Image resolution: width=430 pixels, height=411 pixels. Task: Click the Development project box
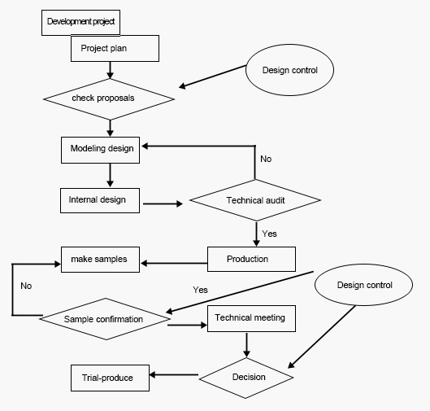coord(80,23)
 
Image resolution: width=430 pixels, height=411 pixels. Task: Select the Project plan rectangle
coord(115,48)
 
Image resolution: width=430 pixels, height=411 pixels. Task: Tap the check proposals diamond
coord(109,99)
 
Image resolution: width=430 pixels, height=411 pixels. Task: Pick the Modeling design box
coord(100,150)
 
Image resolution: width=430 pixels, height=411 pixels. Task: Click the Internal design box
coord(100,200)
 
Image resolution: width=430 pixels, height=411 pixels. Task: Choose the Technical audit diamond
coord(255,200)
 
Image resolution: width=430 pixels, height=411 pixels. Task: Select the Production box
coord(251,259)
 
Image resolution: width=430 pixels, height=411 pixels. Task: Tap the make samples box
coord(100,260)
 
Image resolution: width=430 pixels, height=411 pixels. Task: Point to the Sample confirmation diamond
coord(105,319)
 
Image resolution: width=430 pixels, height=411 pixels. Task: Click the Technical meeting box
coord(251,318)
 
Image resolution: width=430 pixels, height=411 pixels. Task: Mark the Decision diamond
coord(246,378)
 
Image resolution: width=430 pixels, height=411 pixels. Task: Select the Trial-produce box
coord(110,378)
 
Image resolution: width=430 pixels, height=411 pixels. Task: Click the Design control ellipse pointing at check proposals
coord(289,70)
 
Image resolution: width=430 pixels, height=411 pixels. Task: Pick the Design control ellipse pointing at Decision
coord(363,285)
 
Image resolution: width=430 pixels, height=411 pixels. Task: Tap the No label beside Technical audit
coord(266,159)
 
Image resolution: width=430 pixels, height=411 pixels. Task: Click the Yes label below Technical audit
coord(269,234)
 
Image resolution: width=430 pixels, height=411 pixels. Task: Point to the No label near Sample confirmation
coord(26,286)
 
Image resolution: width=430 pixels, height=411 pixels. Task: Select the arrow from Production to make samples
coord(174,263)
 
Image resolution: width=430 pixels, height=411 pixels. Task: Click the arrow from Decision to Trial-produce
coord(174,374)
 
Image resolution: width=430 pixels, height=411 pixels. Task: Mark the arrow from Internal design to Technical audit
coord(163,203)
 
